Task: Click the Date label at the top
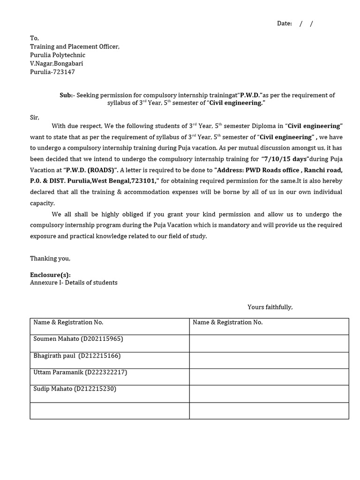pos(284,23)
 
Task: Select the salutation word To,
pos(35,38)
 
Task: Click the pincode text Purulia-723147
pos(52,72)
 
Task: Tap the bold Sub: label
pos(66,95)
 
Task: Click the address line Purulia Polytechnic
pos(58,55)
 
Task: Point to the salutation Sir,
pos(35,117)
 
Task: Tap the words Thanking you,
pos(50,258)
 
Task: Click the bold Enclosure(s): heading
pos(50,275)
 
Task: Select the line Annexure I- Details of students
pos(74,283)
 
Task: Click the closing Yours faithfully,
pos(270,307)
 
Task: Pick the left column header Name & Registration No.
pos(68,322)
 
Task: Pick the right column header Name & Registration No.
pos(228,322)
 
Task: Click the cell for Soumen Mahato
pos(78,339)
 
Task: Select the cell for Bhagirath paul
pos(77,356)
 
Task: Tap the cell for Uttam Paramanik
pos(80,372)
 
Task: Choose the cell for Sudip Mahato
pos(75,389)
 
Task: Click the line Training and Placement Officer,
pos(75,46)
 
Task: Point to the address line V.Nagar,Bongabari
pos(57,63)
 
